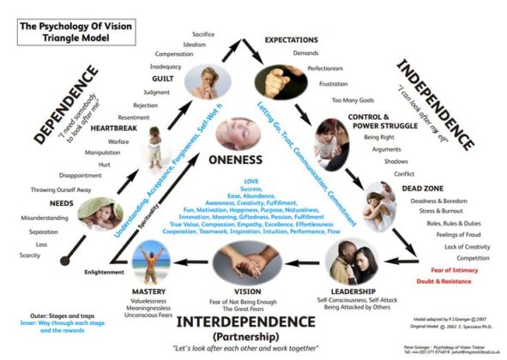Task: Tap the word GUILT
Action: click(163, 79)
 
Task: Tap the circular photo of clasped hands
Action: click(244, 260)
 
